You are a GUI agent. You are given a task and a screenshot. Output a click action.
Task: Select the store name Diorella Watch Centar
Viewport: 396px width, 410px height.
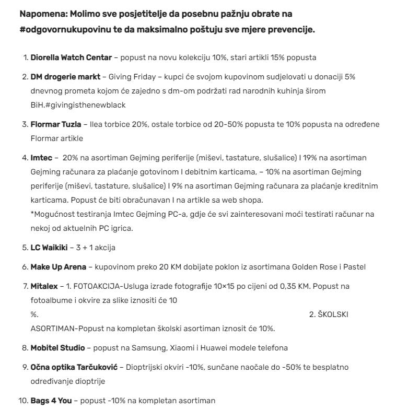point(71,57)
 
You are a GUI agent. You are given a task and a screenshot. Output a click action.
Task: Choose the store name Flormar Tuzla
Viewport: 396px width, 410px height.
point(56,124)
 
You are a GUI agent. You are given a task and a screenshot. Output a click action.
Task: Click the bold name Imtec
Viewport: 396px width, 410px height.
point(41,157)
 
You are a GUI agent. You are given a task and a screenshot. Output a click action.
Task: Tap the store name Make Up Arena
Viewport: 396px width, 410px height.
point(58,267)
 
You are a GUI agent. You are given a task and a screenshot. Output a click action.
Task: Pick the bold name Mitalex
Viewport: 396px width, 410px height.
point(44,287)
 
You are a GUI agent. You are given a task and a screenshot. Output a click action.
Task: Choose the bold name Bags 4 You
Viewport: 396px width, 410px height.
point(51,401)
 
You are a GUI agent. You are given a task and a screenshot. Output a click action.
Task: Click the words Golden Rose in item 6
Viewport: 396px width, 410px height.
point(309,267)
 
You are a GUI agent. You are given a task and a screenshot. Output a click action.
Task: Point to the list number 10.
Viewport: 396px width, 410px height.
point(22,401)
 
